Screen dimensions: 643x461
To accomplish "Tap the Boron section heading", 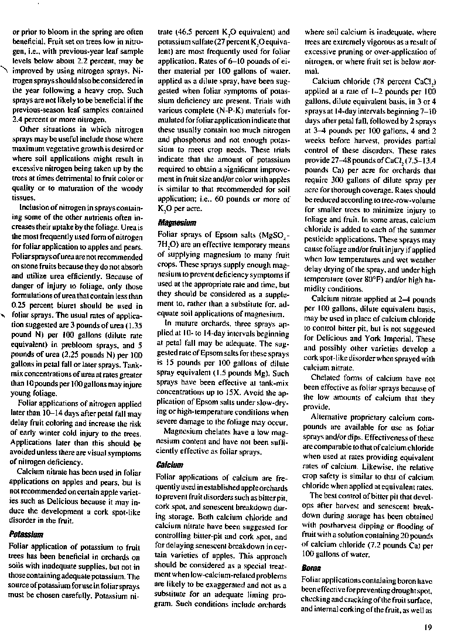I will [x=310, y=568].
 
